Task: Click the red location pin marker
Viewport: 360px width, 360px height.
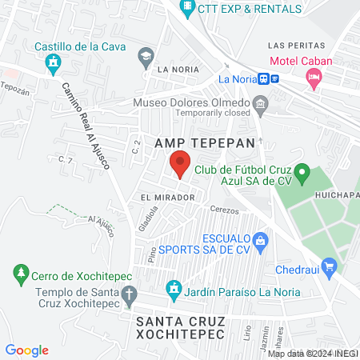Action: [180, 164]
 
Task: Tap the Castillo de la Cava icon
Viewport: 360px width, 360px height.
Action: [53, 62]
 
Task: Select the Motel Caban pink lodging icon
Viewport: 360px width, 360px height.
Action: [314, 77]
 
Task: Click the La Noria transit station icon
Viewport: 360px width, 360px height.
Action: [274, 79]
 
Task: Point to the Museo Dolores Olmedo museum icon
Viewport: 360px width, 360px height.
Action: [259, 103]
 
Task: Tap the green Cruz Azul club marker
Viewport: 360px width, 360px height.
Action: [302, 172]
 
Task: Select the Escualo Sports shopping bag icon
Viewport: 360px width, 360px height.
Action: [259, 240]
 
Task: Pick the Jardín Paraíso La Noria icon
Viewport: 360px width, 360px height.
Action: [172, 288]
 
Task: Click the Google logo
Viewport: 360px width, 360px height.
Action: [26, 350]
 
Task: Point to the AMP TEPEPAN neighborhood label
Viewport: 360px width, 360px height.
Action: [205, 142]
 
